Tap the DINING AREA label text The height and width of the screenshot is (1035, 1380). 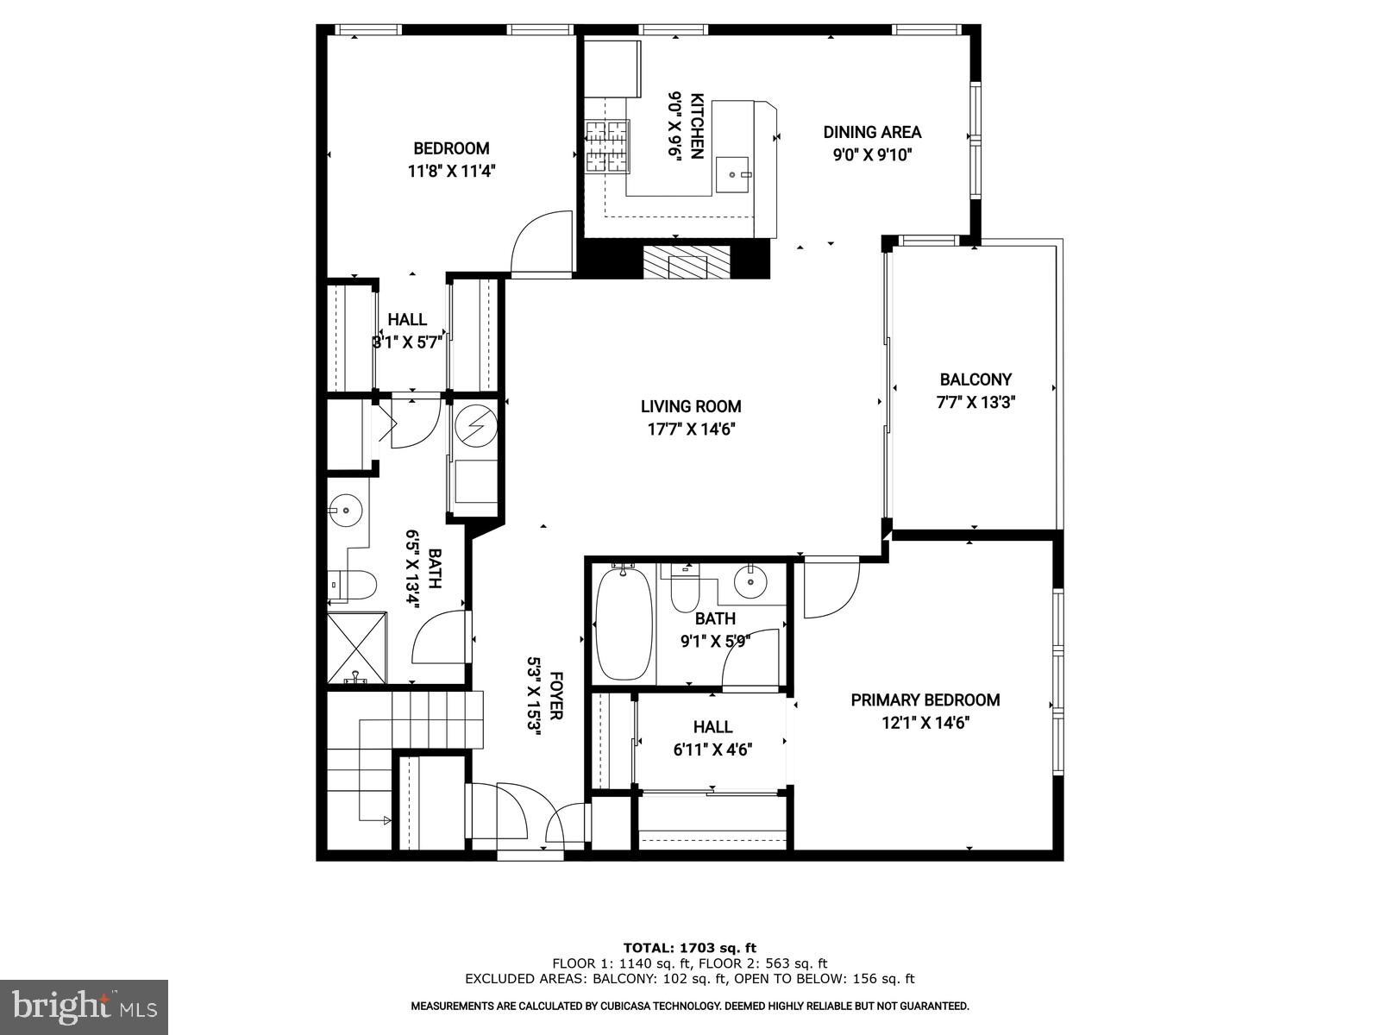(872, 132)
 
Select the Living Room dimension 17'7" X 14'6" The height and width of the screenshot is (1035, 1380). (690, 430)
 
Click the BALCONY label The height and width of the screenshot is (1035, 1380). (975, 379)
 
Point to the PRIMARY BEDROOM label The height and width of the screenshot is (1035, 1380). (925, 700)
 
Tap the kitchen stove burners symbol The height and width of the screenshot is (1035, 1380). (608, 147)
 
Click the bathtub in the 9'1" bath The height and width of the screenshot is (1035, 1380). (624, 623)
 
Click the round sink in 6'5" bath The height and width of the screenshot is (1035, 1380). (346, 509)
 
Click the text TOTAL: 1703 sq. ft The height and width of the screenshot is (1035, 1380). (689, 948)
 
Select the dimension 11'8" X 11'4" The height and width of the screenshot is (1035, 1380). (451, 171)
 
